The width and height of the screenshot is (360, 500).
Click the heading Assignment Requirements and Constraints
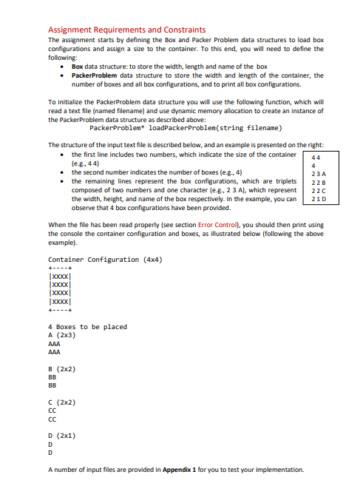tap(126, 29)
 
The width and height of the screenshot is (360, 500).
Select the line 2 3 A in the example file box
tap(318, 172)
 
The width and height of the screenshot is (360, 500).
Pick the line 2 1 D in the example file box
tap(318, 197)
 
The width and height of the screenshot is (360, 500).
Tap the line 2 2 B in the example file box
tap(318, 180)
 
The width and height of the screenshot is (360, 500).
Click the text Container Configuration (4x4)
tap(105, 260)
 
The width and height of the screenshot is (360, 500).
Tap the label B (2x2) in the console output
tap(63, 368)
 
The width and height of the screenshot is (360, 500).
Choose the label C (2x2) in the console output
tap(63, 401)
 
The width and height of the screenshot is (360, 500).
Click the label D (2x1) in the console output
tap(63, 433)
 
